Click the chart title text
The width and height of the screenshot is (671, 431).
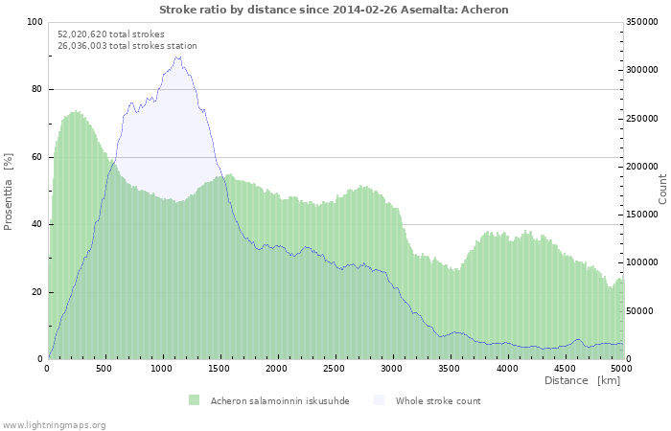pos(334,10)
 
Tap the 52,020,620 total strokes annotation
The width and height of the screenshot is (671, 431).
pos(111,34)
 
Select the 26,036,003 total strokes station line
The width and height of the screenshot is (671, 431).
pos(127,46)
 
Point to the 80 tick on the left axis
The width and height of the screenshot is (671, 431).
pos(37,89)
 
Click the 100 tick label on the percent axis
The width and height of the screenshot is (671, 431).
pos(35,22)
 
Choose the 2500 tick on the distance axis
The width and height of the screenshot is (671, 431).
pos(334,369)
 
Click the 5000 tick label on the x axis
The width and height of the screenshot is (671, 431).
pos(621,369)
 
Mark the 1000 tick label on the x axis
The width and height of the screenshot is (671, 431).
pos(161,369)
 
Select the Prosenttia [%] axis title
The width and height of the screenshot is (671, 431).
pos(8,192)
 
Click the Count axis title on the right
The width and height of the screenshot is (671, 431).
pos(662,190)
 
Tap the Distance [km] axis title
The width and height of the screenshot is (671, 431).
pos(582,380)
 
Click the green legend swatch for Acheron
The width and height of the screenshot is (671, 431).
pos(194,400)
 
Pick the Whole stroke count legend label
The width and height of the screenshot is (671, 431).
pos(438,401)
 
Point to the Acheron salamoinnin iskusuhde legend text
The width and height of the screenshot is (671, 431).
pos(280,401)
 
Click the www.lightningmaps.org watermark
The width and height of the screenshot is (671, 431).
pos(54,425)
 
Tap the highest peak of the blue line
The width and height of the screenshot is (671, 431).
pos(177,57)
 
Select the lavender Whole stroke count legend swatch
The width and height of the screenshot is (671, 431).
pos(380,400)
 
